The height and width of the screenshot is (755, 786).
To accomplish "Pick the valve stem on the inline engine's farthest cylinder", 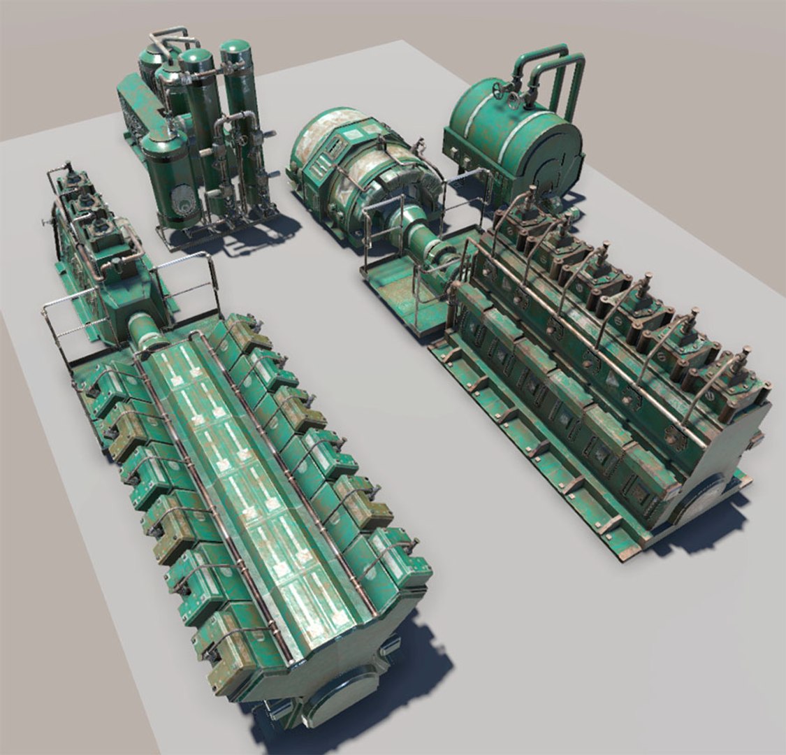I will coord(531,193).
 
